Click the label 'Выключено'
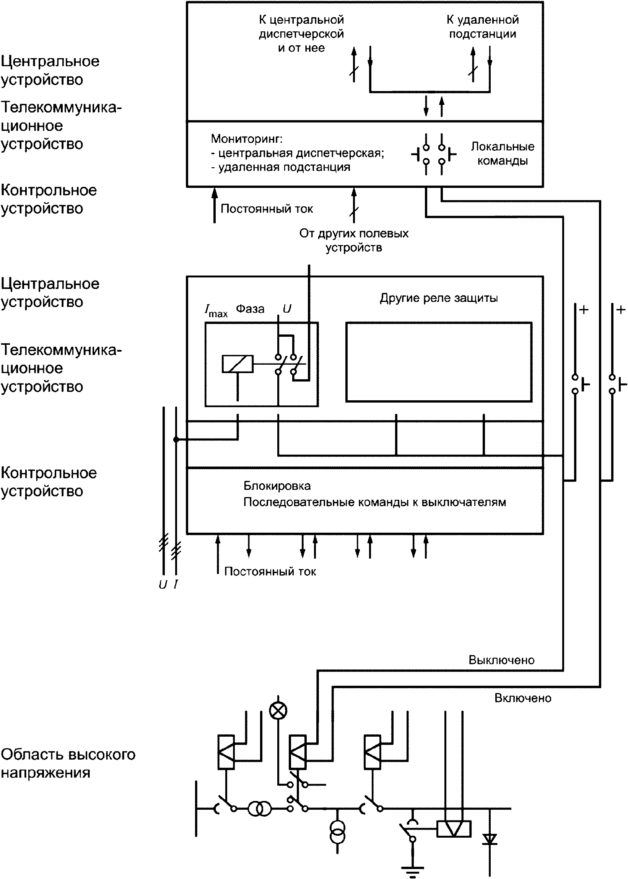tap(501, 660)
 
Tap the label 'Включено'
tap(523, 698)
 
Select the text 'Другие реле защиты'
tap(439, 298)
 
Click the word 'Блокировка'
tap(277, 486)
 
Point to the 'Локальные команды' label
tap(502, 153)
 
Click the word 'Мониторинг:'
tap(247, 139)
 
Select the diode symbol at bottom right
tap(490, 838)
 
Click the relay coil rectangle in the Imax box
tap(238, 364)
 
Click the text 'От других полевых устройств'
tap(353, 240)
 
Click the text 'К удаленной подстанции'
tap(483, 27)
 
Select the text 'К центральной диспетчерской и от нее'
tap(301, 34)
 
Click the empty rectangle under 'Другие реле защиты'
tap(439, 362)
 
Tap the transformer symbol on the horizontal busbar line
tap(259, 809)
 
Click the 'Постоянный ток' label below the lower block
tap(270, 571)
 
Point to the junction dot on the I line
tap(176, 439)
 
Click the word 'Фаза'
tap(250, 308)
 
